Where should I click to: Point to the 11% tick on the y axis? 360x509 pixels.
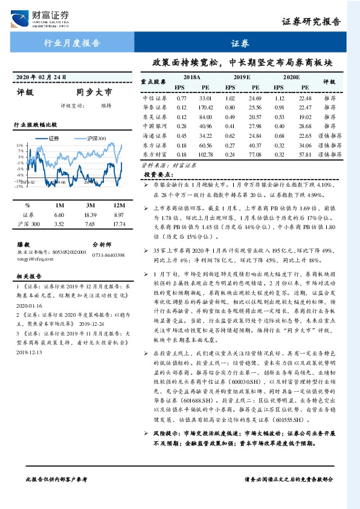pos(19,146)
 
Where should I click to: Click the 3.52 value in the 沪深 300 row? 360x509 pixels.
pos(59,224)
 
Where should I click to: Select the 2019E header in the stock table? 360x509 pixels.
pos(242,78)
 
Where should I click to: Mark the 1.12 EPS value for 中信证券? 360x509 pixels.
pos(279,97)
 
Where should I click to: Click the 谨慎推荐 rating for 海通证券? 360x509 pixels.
pos(330,136)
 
